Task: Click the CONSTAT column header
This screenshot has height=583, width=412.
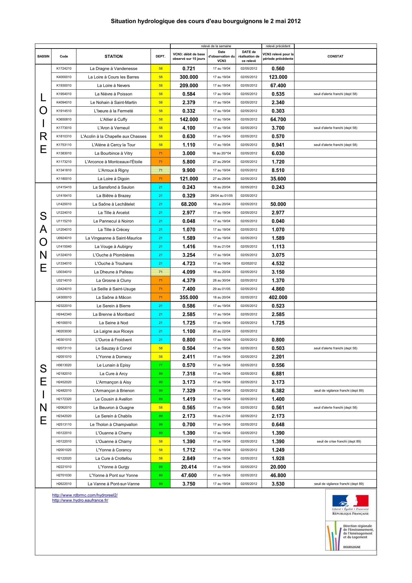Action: (x=335, y=56)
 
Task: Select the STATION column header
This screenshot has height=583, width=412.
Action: (x=113, y=56)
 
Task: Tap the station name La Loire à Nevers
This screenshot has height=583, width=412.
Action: (x=113, y=85)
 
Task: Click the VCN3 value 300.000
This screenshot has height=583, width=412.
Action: (x=189, y=77)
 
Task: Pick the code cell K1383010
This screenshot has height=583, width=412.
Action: (x=64, y=153)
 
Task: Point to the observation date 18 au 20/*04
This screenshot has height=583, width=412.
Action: (x=221, y=153)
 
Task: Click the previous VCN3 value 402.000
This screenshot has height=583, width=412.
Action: (x=278, y=297)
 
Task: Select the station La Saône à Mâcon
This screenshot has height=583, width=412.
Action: (x=113, y=297)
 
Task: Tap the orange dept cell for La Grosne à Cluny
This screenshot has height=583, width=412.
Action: (x=161, y=280)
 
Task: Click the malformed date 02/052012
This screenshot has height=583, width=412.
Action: (x=249, y=263)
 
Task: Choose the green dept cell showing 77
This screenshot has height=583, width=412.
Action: (x=161, y=365)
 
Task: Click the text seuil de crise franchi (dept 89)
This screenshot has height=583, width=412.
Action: (x=339, y=441)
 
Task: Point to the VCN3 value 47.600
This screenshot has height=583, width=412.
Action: (x=189, y=475)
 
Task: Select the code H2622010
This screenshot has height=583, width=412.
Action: (x=64, y=484)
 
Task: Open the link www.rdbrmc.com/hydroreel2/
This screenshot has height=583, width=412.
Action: (x=85, y=495)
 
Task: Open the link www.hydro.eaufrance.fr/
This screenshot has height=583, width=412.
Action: (x=80, y=500)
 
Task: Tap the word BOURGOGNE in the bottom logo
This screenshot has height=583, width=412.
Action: (x=352, y=547)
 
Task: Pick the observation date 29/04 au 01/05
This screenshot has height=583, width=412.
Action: (x=221, y=196)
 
